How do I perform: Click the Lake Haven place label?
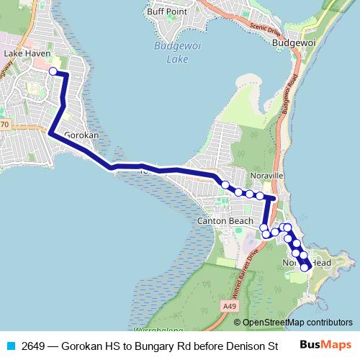tap(24, 53)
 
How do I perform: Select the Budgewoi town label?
tap(294, 43)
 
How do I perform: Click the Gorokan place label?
tap(81, 135)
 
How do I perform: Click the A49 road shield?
tap(229, 307)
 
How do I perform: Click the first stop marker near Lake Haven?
tap(53, 71)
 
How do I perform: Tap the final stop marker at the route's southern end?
tap(305, 267)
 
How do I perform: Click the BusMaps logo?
tap(326, 345)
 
